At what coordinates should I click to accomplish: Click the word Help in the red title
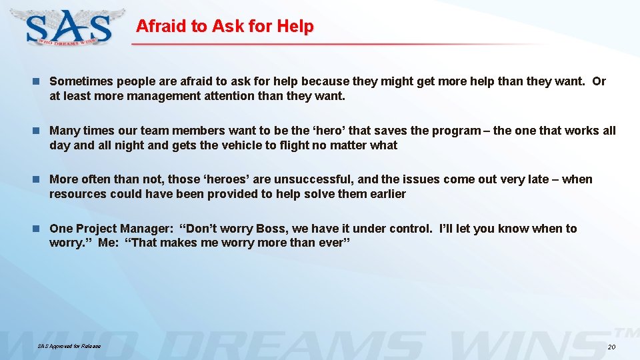pos(296,27)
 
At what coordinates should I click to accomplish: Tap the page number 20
pos(611,348)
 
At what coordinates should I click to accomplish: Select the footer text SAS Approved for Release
pos(69,347)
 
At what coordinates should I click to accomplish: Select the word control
pos(409,229)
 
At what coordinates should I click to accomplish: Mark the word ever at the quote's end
pos(331,243)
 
